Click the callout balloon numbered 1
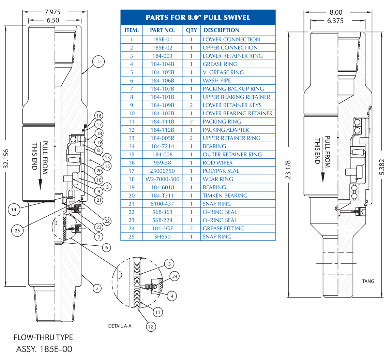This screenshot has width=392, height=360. (99, 62)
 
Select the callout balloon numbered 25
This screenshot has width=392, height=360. (17, 231)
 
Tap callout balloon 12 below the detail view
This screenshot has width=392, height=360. (151, 327)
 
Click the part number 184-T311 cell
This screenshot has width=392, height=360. (162, 196)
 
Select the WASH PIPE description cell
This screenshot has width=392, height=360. (217, 81)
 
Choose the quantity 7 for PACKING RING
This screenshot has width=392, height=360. (191, 121)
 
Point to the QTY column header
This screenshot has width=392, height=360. (191, 30)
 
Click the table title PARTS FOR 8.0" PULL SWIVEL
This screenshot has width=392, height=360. (198, 17)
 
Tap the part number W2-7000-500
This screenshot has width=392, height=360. (162, 179)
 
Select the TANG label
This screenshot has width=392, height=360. (368, 281)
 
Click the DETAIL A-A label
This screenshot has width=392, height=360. (120, 326)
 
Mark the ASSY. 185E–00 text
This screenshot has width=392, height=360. (44, 349)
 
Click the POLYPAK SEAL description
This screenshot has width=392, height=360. (221, 171)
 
